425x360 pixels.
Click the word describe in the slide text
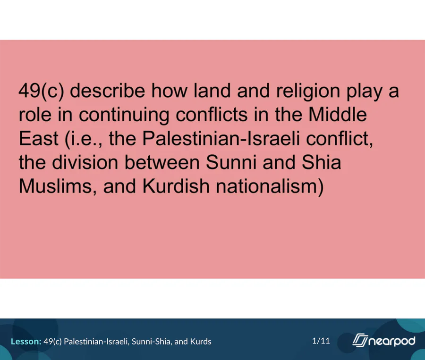pyautogui.click(x=107, y=91)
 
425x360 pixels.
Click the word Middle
pyautogui.click(x=338, y=114)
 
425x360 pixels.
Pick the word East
pyautogui.click(x=39, y=138)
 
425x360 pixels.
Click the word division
pyautogui.click(x=85, y=162)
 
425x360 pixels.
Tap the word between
pyautogui.click(x=161, y=162)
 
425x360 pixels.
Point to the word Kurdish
pyautogui.click(x=176, y=186)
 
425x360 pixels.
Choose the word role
pyautogui.click(x=34, y=114)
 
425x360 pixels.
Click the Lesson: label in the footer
pyautogui.click(x=26, y=341)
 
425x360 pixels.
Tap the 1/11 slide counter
pyautogui.click(x=321, y=341)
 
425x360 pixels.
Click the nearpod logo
pyautogui.click(x=384, y=340)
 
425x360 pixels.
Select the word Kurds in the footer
pyautogui.click(x=201, y=341)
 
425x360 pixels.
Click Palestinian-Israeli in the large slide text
pyautogui.click(x=221, y=138)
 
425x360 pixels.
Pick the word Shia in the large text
pyautogui.click(x=321, y=162)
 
